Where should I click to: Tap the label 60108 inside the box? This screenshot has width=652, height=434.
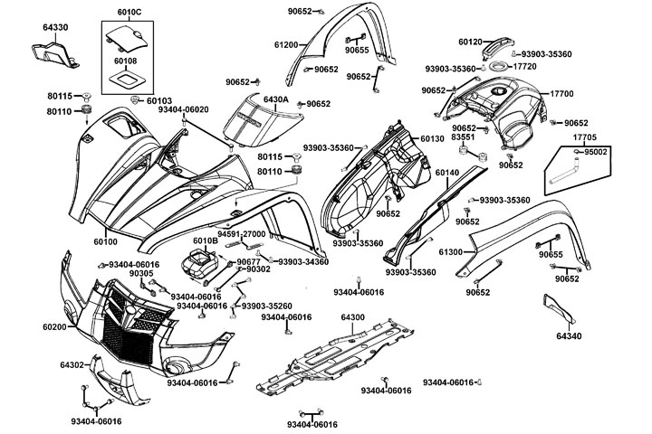coord(126,61)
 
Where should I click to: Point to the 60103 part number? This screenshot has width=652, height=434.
coord(159,101)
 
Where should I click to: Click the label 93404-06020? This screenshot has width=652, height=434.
coord(183,109)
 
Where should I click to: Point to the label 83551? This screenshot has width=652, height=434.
coord(464,138)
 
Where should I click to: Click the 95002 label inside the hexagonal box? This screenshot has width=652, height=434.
coord(596,152)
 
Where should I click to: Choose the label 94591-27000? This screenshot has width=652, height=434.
coord(240,233)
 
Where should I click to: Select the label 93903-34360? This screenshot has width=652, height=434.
coord(303,262)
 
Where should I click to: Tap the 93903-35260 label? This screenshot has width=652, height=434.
coord(266,306)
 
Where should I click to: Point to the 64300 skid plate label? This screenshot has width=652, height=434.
coord(352,317)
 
